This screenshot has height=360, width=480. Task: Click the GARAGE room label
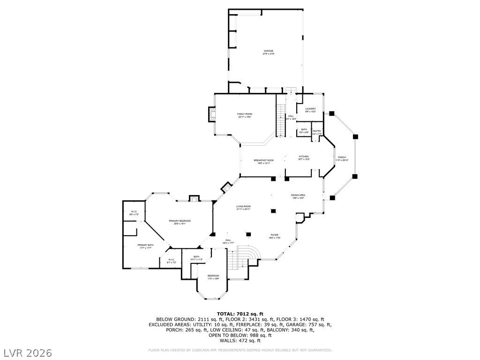(x=268, y=51)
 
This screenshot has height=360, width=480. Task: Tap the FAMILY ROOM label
(x=245, y=114)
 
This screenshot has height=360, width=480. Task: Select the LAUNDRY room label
(x=310, y=109)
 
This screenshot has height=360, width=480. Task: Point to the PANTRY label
(x=317, y=131)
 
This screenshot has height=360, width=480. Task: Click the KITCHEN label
(x=304, y=157)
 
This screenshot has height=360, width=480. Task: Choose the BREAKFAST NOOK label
(x=264, y=160)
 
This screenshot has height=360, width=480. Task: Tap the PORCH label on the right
(x=342, y=157)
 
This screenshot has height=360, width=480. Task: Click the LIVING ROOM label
(x=244, y=207)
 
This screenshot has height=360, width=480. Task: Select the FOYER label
(x=274, y=235)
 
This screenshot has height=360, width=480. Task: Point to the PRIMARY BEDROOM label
(x=180, y=221)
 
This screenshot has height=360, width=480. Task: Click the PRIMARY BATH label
(x=146, y=245)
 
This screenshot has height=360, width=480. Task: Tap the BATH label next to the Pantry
(x=304, y=130)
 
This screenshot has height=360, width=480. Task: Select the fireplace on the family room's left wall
(x=212, y=114)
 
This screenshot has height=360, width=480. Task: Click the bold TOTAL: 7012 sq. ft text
(x=240, y=314)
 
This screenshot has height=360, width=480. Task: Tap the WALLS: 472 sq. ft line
(x=240, y=341)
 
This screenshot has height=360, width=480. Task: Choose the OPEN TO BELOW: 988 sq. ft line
(x=240, y=335)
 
